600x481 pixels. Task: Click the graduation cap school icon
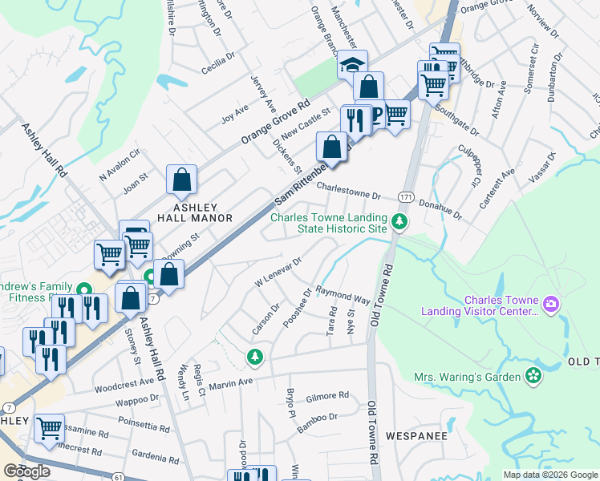pos(352,65)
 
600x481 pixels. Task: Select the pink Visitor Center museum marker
pos(550,305)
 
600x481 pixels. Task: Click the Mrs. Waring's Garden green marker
pos(533,375)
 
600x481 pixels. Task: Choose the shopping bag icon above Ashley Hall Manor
pos(182,180)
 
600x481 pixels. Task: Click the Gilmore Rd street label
pos(327,395)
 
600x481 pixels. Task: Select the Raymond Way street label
pos(343,295)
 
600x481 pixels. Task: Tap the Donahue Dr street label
pos(442,209)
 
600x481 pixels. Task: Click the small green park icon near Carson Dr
pos(254,355)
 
